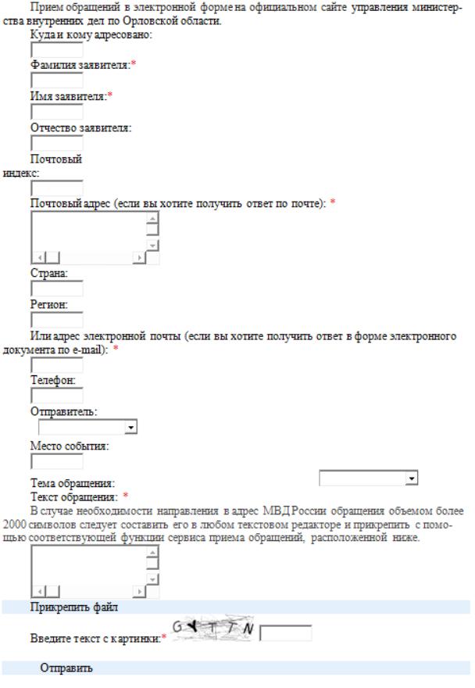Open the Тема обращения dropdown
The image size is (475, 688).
(369, 477)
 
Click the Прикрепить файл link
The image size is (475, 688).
(67, 606)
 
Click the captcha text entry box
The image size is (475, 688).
(285, 632)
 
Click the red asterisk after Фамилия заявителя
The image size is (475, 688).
(134, 65)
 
